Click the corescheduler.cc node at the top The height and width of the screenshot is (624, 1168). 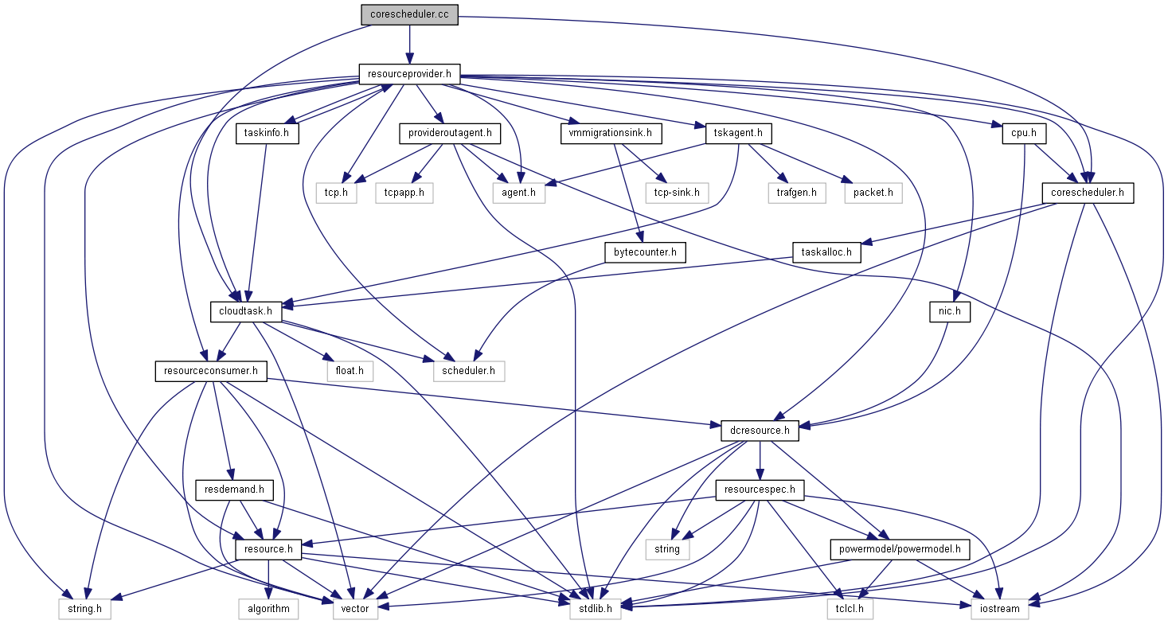tap(409, 15)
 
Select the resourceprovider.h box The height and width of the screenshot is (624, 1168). tap(409, 74)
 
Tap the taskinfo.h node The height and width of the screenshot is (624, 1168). tap(267, 133)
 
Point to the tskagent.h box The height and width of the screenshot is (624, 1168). tap(739, 133)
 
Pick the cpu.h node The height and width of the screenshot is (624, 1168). tap(1023, 133)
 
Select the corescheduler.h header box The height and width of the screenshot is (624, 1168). tap(1088, 192)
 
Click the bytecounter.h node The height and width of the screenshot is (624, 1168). tap(645, 252)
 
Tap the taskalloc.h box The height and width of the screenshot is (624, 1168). tap(826, 252)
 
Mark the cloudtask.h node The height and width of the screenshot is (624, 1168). tap(246, 311)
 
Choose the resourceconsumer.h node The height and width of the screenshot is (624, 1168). tap(211, 370)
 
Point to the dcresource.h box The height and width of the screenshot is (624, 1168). tap(760, 431)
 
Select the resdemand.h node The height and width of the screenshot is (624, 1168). tap(234, 489)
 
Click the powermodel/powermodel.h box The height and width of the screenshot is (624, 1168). tap(900, 548)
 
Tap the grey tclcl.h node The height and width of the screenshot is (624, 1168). tap(850, 609)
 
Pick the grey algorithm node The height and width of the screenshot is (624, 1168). tap(268, 609)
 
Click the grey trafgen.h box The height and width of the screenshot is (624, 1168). tap(797, 192)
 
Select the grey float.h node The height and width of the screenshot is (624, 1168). tap(349, 370)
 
